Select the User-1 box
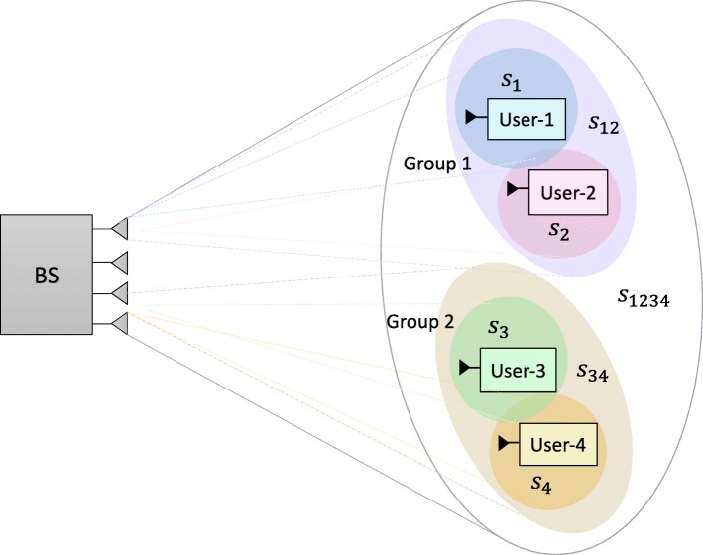click(519, 121)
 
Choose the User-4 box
click(559, 444)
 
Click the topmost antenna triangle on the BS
click(119, 229)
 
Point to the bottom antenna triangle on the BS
click(119, 321)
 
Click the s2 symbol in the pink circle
click(562, 230)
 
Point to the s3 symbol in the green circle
click(498, 328)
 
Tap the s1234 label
click(643, 294)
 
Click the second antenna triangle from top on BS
click(119, 262)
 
